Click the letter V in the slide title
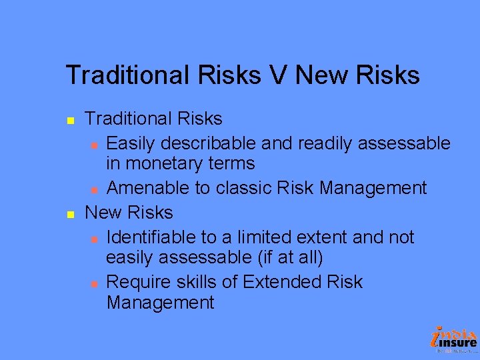point(277,75)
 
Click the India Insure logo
point(455,339)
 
